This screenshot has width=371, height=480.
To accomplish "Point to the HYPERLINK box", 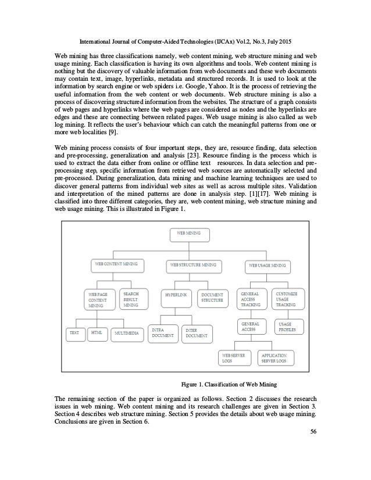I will point(175,295).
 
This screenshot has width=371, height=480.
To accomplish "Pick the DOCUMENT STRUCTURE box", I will point(212,298).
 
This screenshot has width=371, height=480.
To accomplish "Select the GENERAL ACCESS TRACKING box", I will point(251,299).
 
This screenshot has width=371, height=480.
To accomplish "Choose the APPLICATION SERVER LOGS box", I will point(273,357).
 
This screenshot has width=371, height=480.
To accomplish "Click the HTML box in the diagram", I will point(96,333).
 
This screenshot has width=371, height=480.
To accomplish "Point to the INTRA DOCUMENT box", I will point(162,333).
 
